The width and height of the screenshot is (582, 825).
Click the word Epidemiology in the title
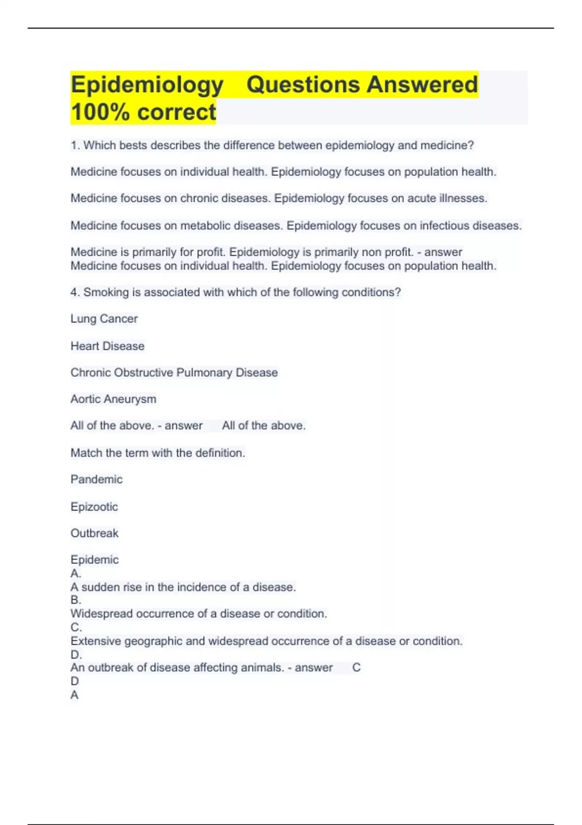coord(147,85)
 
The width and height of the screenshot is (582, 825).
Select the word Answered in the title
coord(422,85)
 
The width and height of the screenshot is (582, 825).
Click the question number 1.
coord(75,146)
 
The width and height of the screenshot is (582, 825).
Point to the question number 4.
coord(75,293)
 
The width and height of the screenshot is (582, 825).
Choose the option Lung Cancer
coord(104,319)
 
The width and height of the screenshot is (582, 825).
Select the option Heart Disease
coord(107,346)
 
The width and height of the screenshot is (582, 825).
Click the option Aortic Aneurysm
coord(113,399)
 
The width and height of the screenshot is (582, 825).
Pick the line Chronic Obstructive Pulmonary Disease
coord(174,373)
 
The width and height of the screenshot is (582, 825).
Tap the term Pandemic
coord(97,479)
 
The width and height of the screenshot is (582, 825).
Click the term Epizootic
coord(94,507)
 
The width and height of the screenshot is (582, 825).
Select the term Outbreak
coord(94,533)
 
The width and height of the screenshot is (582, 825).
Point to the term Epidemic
coord(94,560)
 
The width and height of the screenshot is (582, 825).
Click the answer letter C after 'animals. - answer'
coord(356,668)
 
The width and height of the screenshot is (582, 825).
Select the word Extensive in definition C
coord(96,641)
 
